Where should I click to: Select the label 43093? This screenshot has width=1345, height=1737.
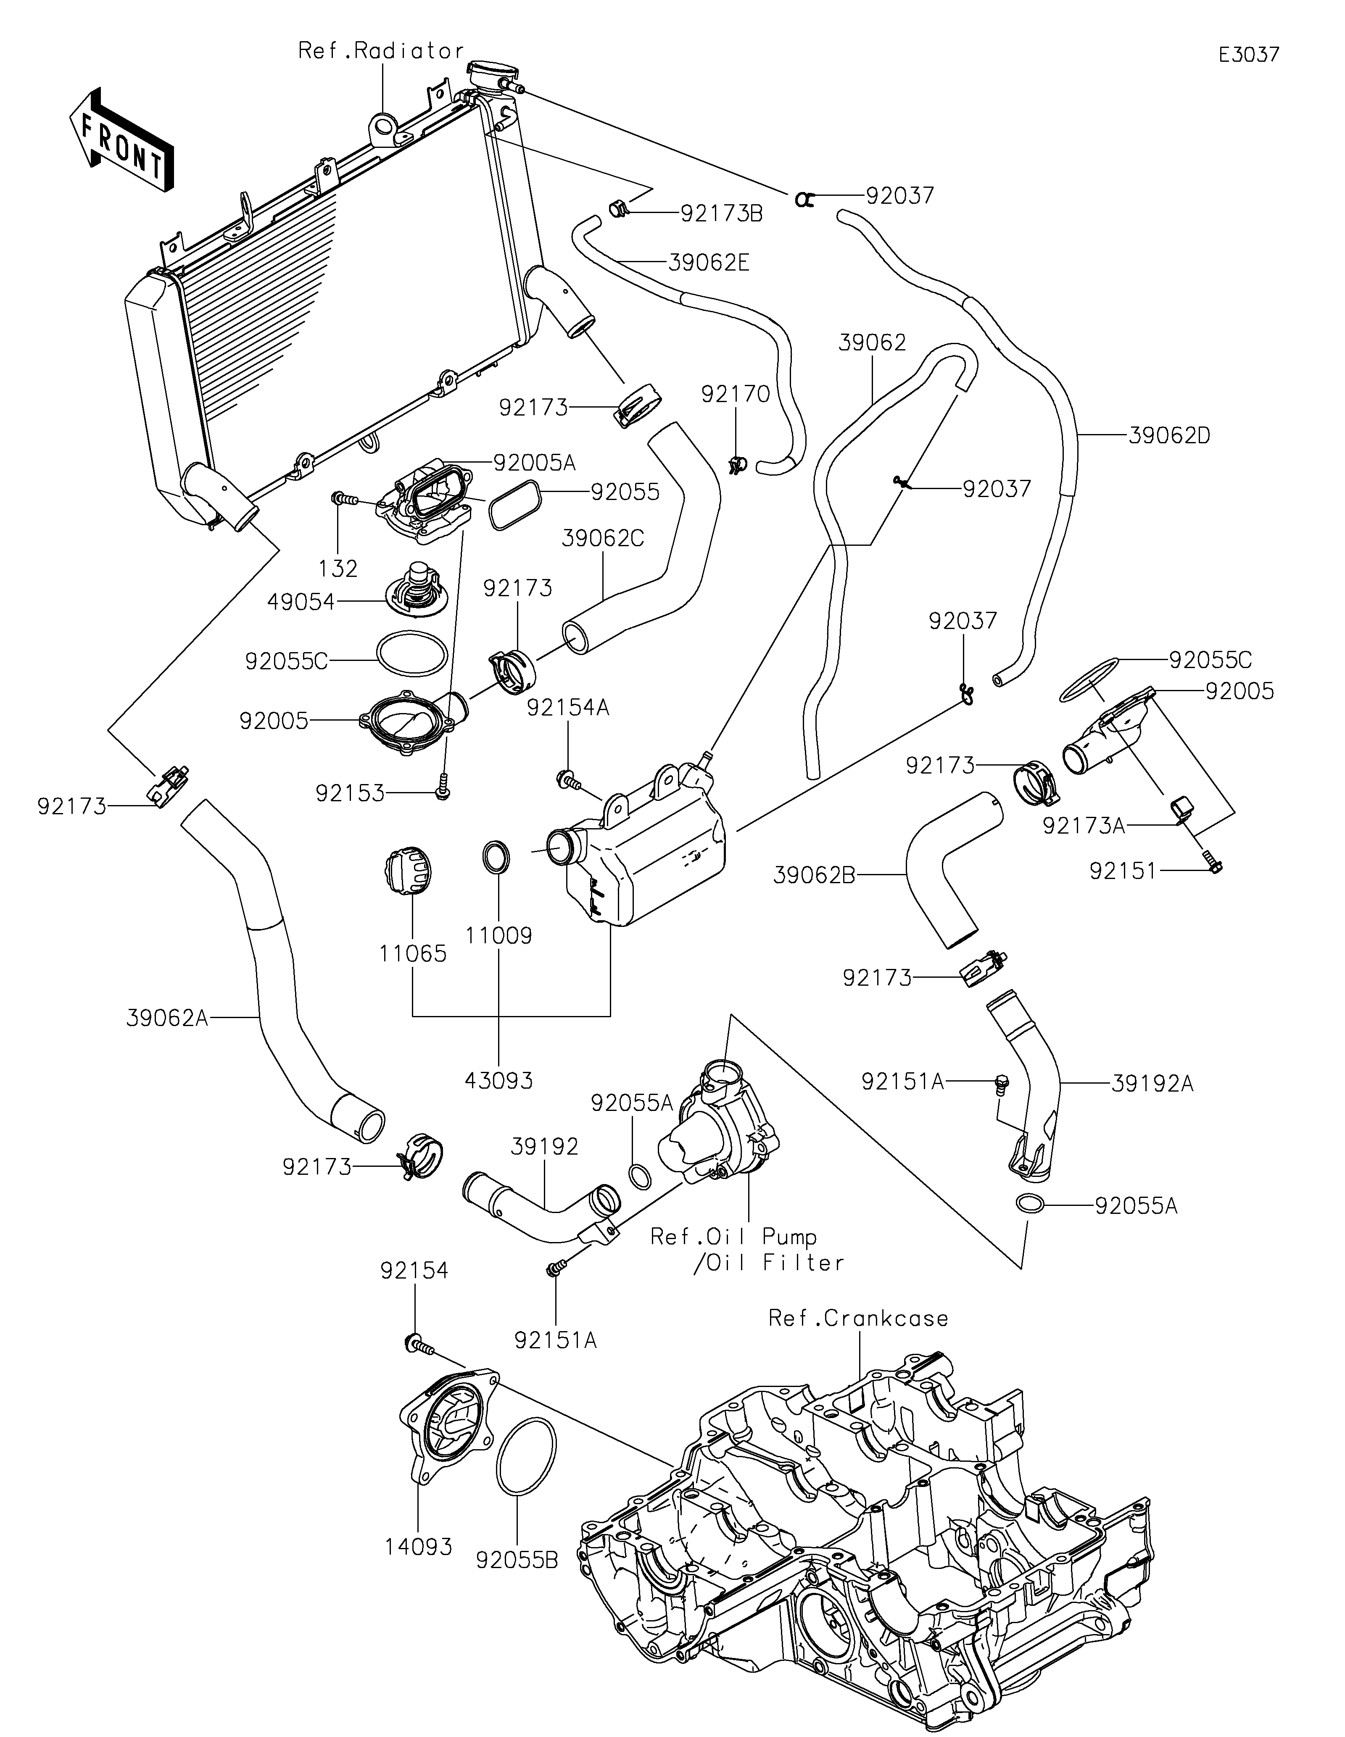[499, 1080]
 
